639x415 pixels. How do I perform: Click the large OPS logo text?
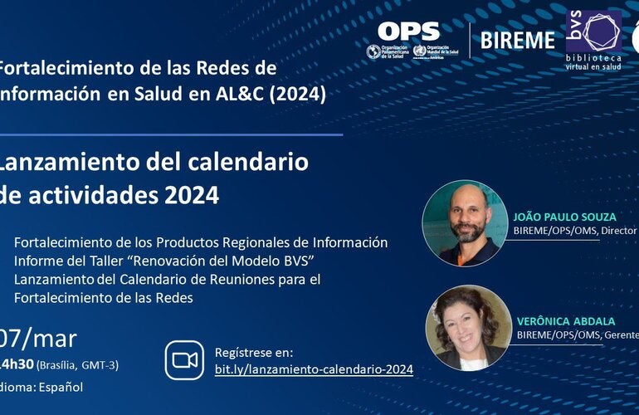(x=408, y=32)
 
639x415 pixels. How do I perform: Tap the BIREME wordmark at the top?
(x=517, y=40)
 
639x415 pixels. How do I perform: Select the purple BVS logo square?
(x=593, y=32)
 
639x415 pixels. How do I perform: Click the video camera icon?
(x=185, y=359)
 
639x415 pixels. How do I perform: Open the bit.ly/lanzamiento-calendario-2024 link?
(x=313, y=369)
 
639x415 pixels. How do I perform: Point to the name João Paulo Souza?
(x=564, y=217)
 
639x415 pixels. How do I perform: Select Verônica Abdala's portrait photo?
(x=467, y=327)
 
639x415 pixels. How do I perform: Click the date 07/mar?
(x=39, y=339)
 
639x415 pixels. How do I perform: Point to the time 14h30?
(x=17, y=364)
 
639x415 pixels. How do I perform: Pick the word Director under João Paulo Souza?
(x=619, y=231)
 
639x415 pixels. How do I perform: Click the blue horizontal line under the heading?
(x=171, y=134)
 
